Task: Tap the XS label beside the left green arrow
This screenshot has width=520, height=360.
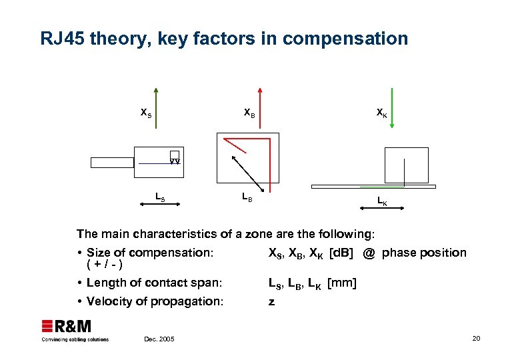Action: point(145,113)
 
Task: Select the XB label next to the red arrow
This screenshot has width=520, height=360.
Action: point(249,113)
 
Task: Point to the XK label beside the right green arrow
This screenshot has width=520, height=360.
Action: point(381,113)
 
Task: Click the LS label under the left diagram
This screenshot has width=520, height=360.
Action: point(160,197)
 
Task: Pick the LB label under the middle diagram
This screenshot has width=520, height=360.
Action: point(246,197)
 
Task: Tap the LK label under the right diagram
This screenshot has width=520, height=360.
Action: point(382,200)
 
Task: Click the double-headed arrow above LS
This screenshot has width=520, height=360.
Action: point(160,188)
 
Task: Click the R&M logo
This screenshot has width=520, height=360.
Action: point(67,327)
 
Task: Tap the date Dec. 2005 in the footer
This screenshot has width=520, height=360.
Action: point(159,339)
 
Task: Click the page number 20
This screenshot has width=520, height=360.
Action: point(475,339)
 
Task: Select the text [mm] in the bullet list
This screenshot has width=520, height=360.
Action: point(342,283)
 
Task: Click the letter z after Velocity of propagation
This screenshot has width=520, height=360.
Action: point(271,301)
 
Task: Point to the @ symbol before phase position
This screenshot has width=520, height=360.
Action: point(369,253)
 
